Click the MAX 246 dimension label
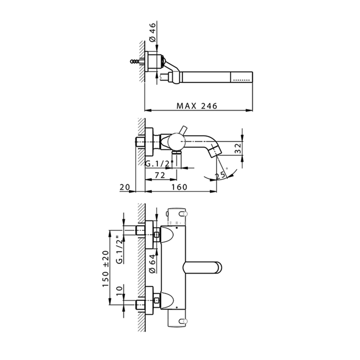(x=197, y=106)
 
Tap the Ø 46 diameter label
(x=152, y=32)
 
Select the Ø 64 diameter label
(x=152, y=263)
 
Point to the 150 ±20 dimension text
(x=105, y=268)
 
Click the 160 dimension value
(x=179, y=187)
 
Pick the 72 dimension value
(x=160, y=175)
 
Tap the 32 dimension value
(x=238, y=148)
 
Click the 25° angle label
(x=221, y=175)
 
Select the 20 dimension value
(x=124, y=187)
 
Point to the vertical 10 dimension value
(x=120, y=292)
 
